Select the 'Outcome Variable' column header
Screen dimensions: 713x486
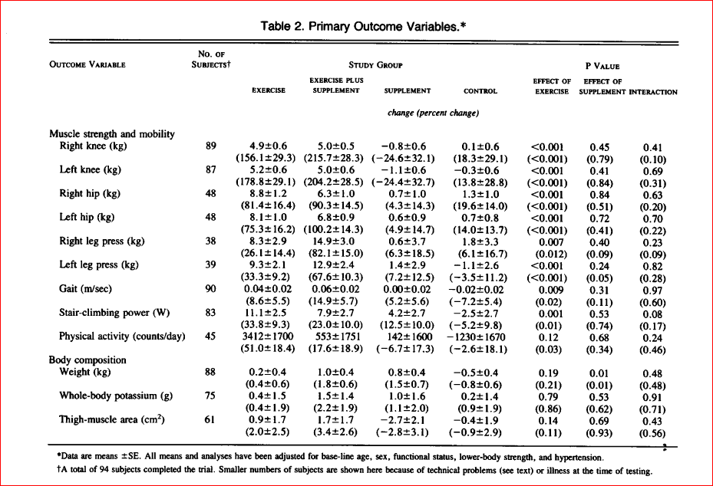tap(87, 64)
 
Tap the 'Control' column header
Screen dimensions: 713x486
tap(480, 91)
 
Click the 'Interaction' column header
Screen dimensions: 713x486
tap(653, 92)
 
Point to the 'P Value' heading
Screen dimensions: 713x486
tap(602, 67)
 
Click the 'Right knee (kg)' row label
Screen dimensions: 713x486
tap(93, 146)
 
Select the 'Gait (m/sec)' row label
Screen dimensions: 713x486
tap(85, 289)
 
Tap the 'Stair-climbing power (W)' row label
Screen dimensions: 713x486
tap(114, 313)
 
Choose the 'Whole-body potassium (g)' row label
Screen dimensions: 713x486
tap(116, 396)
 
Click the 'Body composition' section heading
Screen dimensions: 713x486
tap(87, 360)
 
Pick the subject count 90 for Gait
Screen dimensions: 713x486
tap(210, 289)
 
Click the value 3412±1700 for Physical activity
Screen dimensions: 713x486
tap(269, 337)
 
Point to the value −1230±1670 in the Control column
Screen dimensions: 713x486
tap(476, 337)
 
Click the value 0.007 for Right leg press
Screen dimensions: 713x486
tap(551, 242)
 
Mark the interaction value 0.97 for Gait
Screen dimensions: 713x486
tap(652, 291)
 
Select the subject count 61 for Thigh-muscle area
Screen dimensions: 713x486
tap(210, 419)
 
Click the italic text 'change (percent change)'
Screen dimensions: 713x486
tap(433, 113)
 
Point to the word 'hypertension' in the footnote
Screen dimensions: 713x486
tap(579, 458)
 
